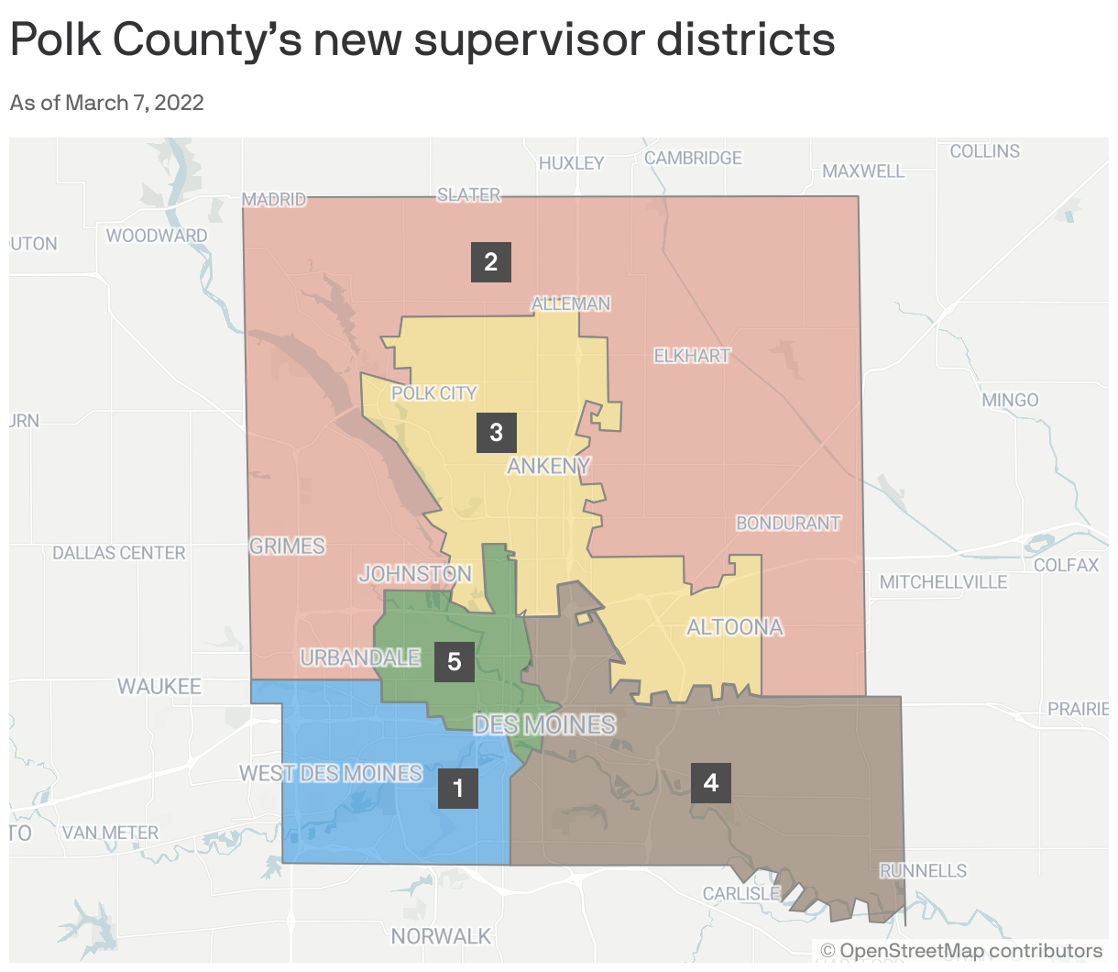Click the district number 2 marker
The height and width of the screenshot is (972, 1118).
click(x=490, y=262)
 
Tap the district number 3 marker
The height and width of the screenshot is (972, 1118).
click(x=496, y=433)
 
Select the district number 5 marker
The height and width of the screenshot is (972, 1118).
click(x=454, y=662)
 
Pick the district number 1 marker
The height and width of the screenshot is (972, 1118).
click(x=458, y=788)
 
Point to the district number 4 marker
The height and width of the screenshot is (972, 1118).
click(x=710, y=782)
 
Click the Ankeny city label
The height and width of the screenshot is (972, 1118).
click(x=548, y=466)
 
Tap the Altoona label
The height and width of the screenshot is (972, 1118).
click(x=735, y=627)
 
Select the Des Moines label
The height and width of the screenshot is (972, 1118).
click(x=544, y=724)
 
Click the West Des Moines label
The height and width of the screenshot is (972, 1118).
click(x=331, y=773)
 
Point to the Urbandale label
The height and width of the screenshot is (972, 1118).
click(x=360, y=657)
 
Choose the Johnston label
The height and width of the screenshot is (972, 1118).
click(x=415, y=574)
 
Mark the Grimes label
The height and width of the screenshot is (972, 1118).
click(x=287, y=546)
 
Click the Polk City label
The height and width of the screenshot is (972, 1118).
click(x=433, y=393)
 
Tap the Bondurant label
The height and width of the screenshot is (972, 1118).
click(x=788, y=523)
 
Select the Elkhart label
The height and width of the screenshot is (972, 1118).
click(x=692, y=355)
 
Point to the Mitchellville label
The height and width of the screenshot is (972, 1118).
click(x=943, y=582)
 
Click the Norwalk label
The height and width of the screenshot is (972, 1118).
click(x=441, y=936)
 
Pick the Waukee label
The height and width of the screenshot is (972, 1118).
click(x=159, y=686)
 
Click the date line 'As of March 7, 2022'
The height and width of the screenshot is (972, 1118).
click(x=107, y=103)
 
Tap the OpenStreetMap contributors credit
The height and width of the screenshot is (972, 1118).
click(x=961, y=951)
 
